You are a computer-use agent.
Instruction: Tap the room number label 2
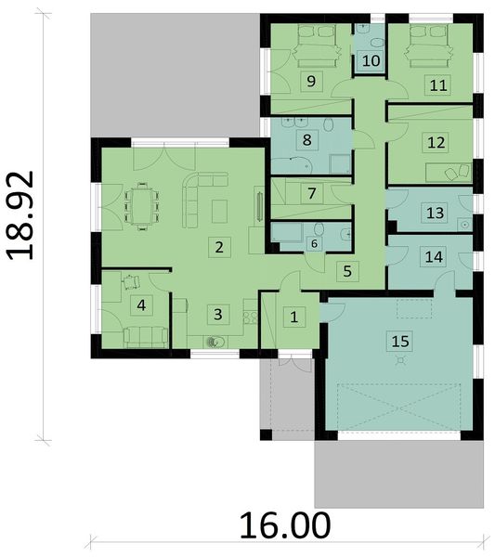coord(219,247)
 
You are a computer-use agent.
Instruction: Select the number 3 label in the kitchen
coord(217,314)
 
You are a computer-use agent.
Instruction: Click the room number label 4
coord(141,304)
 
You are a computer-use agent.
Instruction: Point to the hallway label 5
coord(346,272)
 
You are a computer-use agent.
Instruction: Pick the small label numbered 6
coord(314,243)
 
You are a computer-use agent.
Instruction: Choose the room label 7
coord(313,194)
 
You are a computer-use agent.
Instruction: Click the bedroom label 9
coord(312,82)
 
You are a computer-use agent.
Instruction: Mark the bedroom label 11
coord(437,84)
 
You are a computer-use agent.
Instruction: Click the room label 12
coord(434,142)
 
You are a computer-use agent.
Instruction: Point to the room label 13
coord(434,213)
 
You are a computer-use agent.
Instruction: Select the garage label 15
coord(400,341)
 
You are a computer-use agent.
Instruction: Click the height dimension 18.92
coord(20,214)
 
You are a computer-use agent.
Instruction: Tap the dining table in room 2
coord(141,204)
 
